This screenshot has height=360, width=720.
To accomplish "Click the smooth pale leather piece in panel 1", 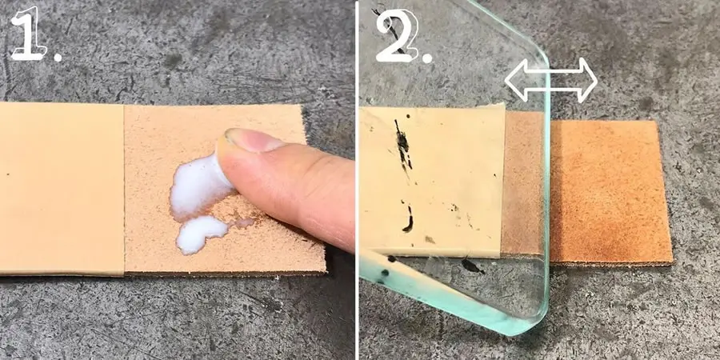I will click(x=60, y=188).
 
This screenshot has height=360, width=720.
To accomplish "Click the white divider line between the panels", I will click(x=357, y=180).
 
